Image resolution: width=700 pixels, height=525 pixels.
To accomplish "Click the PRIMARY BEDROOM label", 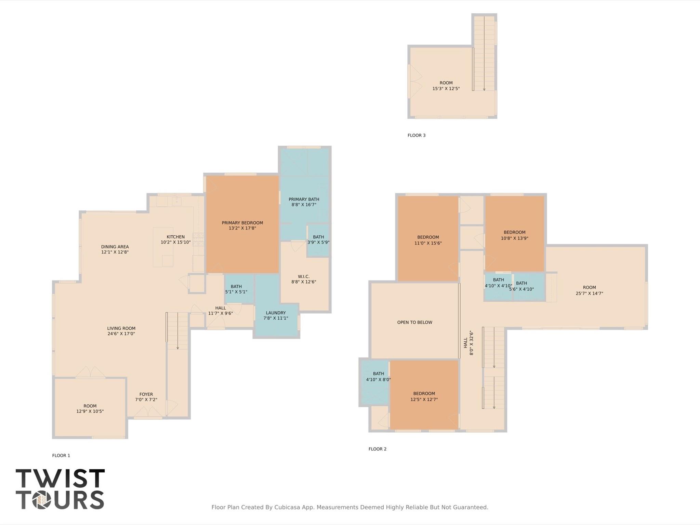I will pos(242,223).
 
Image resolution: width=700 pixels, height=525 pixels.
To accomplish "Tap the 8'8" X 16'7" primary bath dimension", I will pos(304,205).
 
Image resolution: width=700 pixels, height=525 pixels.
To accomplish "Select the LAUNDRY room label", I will pos(276,313).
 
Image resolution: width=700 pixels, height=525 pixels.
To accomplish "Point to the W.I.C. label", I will pos(304,276).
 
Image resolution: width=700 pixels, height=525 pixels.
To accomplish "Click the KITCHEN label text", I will pos(175,237).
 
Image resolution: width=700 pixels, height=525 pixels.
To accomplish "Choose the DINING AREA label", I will pos(115,247).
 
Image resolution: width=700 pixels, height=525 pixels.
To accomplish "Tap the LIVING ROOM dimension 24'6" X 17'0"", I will pos(121,334).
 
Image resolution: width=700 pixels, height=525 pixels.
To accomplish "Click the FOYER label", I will pos(146,394).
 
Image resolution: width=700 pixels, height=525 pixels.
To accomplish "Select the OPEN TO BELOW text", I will pos(414,322).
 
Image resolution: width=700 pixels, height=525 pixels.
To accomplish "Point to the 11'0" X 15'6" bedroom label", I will pos(428,244).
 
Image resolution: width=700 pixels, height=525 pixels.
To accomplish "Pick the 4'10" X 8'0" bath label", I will pos(378,380).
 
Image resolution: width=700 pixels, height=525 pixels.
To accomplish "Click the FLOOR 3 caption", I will pos(416,135).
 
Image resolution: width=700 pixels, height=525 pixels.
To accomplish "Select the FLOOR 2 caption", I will pos(377,449).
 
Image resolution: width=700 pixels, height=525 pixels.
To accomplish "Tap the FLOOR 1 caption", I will pos(61,456).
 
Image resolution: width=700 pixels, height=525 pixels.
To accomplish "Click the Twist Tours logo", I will pos(60,489).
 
